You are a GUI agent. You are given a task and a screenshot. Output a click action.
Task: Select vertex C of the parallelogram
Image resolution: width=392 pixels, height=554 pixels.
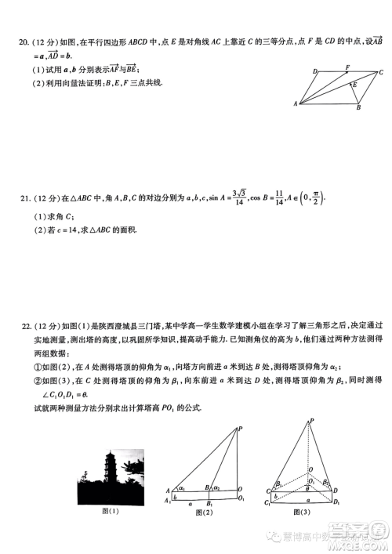point(380,72)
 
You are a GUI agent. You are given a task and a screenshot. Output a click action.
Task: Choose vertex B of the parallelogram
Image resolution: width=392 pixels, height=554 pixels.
point(358,107)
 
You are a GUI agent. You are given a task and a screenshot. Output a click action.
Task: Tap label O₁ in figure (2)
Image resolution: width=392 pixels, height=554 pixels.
point(241,499)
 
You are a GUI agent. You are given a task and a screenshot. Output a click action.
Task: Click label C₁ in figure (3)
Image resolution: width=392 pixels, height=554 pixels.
point(267,502)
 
